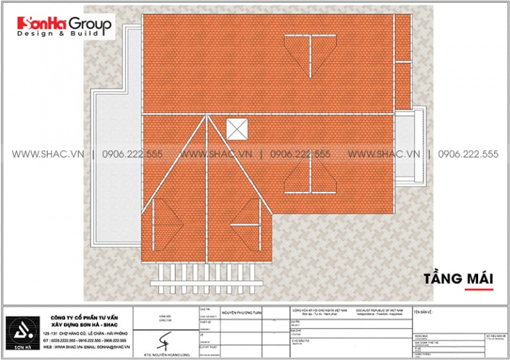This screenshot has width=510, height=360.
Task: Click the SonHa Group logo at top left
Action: coord(65,25)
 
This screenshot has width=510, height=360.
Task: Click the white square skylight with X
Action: coord(236,129)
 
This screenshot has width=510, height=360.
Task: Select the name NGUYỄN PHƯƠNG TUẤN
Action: coord(242,311)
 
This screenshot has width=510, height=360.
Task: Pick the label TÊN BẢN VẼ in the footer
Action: coord(426,311)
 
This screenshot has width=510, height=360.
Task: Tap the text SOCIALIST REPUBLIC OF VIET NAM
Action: coord(375,310)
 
